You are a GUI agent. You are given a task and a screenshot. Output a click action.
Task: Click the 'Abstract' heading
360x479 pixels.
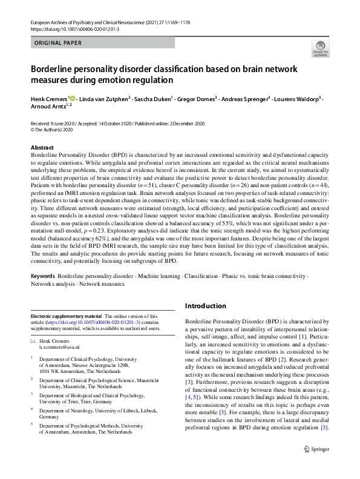42,148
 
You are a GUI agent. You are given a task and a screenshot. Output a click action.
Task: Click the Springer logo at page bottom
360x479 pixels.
316,465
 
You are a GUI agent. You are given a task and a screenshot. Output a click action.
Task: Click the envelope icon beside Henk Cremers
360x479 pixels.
34,342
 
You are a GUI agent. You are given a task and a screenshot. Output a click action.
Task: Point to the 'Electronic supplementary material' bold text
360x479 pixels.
66,316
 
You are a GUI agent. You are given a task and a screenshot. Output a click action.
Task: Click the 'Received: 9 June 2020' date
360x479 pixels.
55,123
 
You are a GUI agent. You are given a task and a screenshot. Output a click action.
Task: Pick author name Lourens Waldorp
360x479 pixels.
299,98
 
